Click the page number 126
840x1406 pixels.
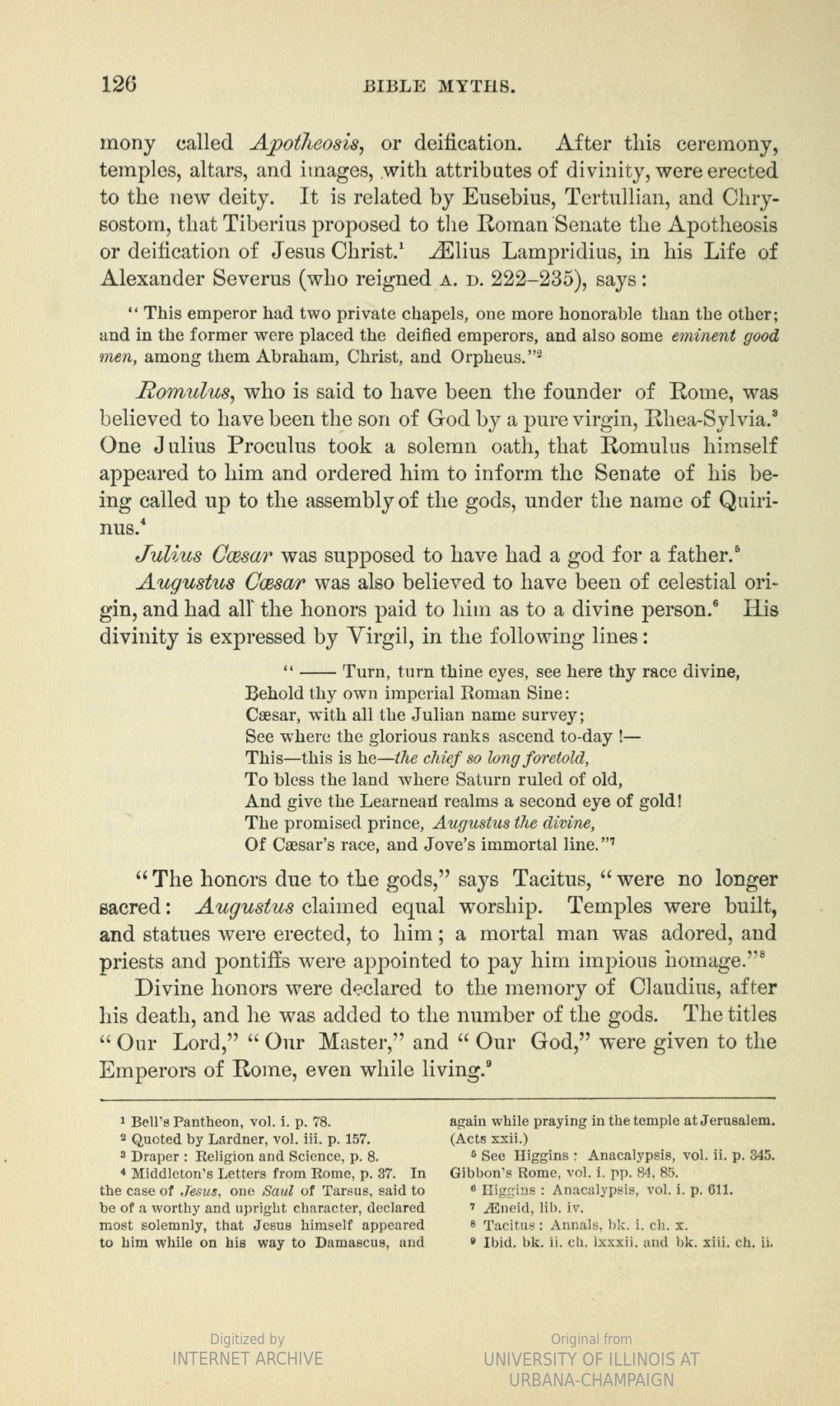coord(118,84)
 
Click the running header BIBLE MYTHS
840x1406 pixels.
coord(440,86)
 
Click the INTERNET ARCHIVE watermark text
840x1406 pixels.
coord(247,1358)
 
